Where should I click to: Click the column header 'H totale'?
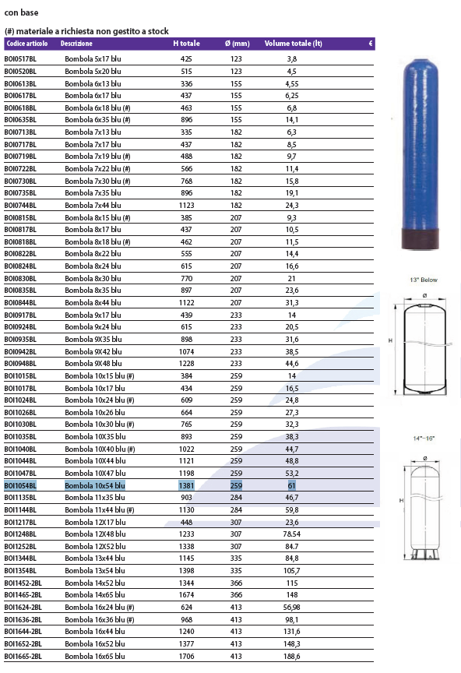click(x=186, y=44)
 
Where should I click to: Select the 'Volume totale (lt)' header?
click(x=293, y=44)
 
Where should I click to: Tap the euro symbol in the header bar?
click(x=371, y=44)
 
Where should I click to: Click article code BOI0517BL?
click(x=20, y=58)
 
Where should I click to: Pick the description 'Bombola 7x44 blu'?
click(x=93, y=205)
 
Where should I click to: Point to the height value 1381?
click(x=186, y=485)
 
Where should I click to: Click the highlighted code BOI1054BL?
click(x=20, y=485)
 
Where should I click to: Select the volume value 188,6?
click(x=292, y=657)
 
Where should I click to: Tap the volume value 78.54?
click(x=292, y=534)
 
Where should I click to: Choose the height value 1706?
click(x=186, y=657)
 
